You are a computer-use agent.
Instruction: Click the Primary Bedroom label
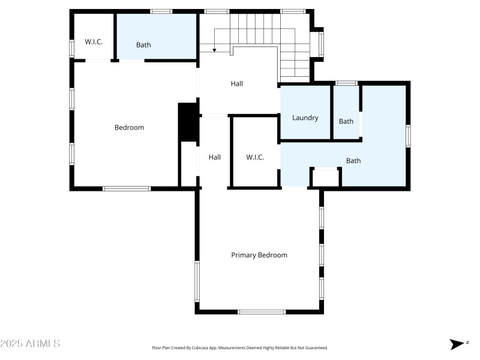[x=259, y=255]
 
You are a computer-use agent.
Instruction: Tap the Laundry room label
[x=305, y=118]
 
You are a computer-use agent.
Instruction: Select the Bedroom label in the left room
[x=129, y=127]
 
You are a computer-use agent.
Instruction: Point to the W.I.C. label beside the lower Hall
[x=255, y=157]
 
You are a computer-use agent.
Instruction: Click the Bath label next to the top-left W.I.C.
[x=143, y=44]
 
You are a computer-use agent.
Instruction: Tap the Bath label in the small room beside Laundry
[x=346, y=121]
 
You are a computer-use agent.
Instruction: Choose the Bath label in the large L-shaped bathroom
[x=353, y=160]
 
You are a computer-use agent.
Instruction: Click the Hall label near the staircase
[x=236, y=84]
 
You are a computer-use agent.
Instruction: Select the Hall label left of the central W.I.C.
[x=215, y=157]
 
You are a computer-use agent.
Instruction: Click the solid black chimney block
[x=188, y=122]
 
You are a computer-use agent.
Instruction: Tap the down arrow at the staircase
[x=215, y=49]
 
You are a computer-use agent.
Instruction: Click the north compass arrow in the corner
[x=457, y=344]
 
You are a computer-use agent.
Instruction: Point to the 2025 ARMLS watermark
[x=30, y=344]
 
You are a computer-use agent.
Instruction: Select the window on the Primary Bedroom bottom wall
[x=262, y=311]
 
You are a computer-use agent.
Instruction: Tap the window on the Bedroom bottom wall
[x=127, y=188]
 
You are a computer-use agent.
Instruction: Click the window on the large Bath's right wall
[x=408, y=136]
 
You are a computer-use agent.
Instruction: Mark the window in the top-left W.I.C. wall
[x=71, y=47]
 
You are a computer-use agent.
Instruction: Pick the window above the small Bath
[x=346, y=83]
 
